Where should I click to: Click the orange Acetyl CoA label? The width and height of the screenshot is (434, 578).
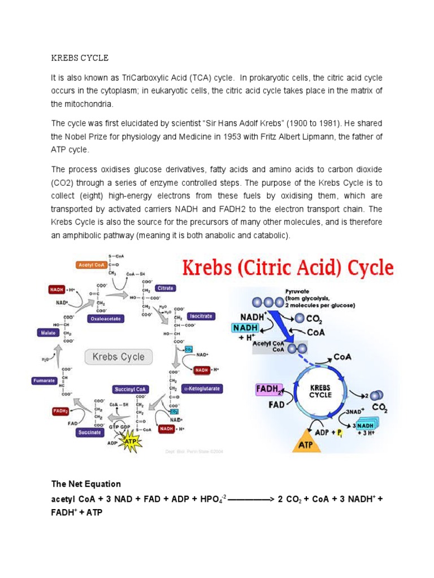click(90, 264)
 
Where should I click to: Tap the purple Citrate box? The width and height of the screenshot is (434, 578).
click(166, 288)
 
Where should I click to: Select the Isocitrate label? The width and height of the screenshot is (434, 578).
click(201, 316)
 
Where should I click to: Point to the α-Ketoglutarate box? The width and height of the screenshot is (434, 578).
click(203, 389)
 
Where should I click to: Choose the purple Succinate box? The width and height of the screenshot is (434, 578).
click(90, 432)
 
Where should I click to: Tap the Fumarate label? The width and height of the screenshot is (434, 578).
click(43, 380)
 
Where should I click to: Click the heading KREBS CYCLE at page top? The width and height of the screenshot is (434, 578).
click(80, 58)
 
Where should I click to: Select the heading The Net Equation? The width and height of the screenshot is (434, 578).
click(86, 484)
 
